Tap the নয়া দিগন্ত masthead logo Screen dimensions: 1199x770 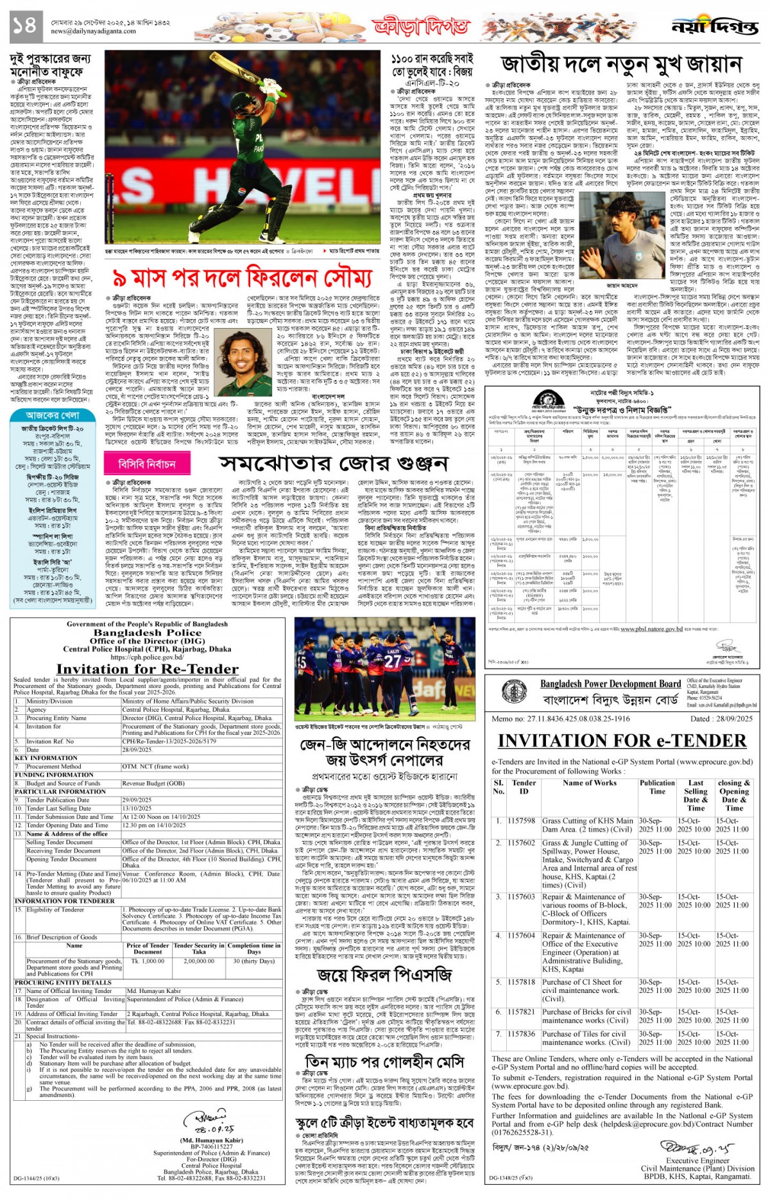(x=715, y=26)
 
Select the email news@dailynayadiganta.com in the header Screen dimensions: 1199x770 (x=93, y=31)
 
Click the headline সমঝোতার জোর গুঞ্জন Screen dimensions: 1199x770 (x=333, y=463)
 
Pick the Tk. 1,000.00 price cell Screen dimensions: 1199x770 (x=148, y=961)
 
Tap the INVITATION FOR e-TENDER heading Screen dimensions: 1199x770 (x=622, y=741)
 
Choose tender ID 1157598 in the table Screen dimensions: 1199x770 (x=520, y=820)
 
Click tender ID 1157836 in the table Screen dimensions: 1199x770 (x=520, y=1034)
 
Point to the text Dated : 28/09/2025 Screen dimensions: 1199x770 (x=721, y=718)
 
